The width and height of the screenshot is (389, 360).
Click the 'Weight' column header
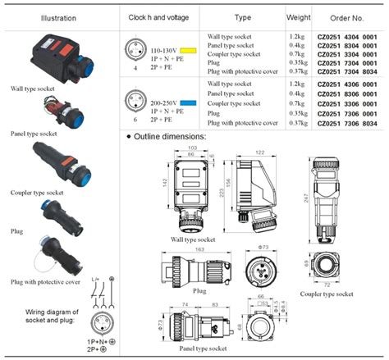click(x=298, y=17)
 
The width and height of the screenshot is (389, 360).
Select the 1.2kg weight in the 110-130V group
click(x=298, y=37)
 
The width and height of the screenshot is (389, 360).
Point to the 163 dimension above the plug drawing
click(x=199, y=249)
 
